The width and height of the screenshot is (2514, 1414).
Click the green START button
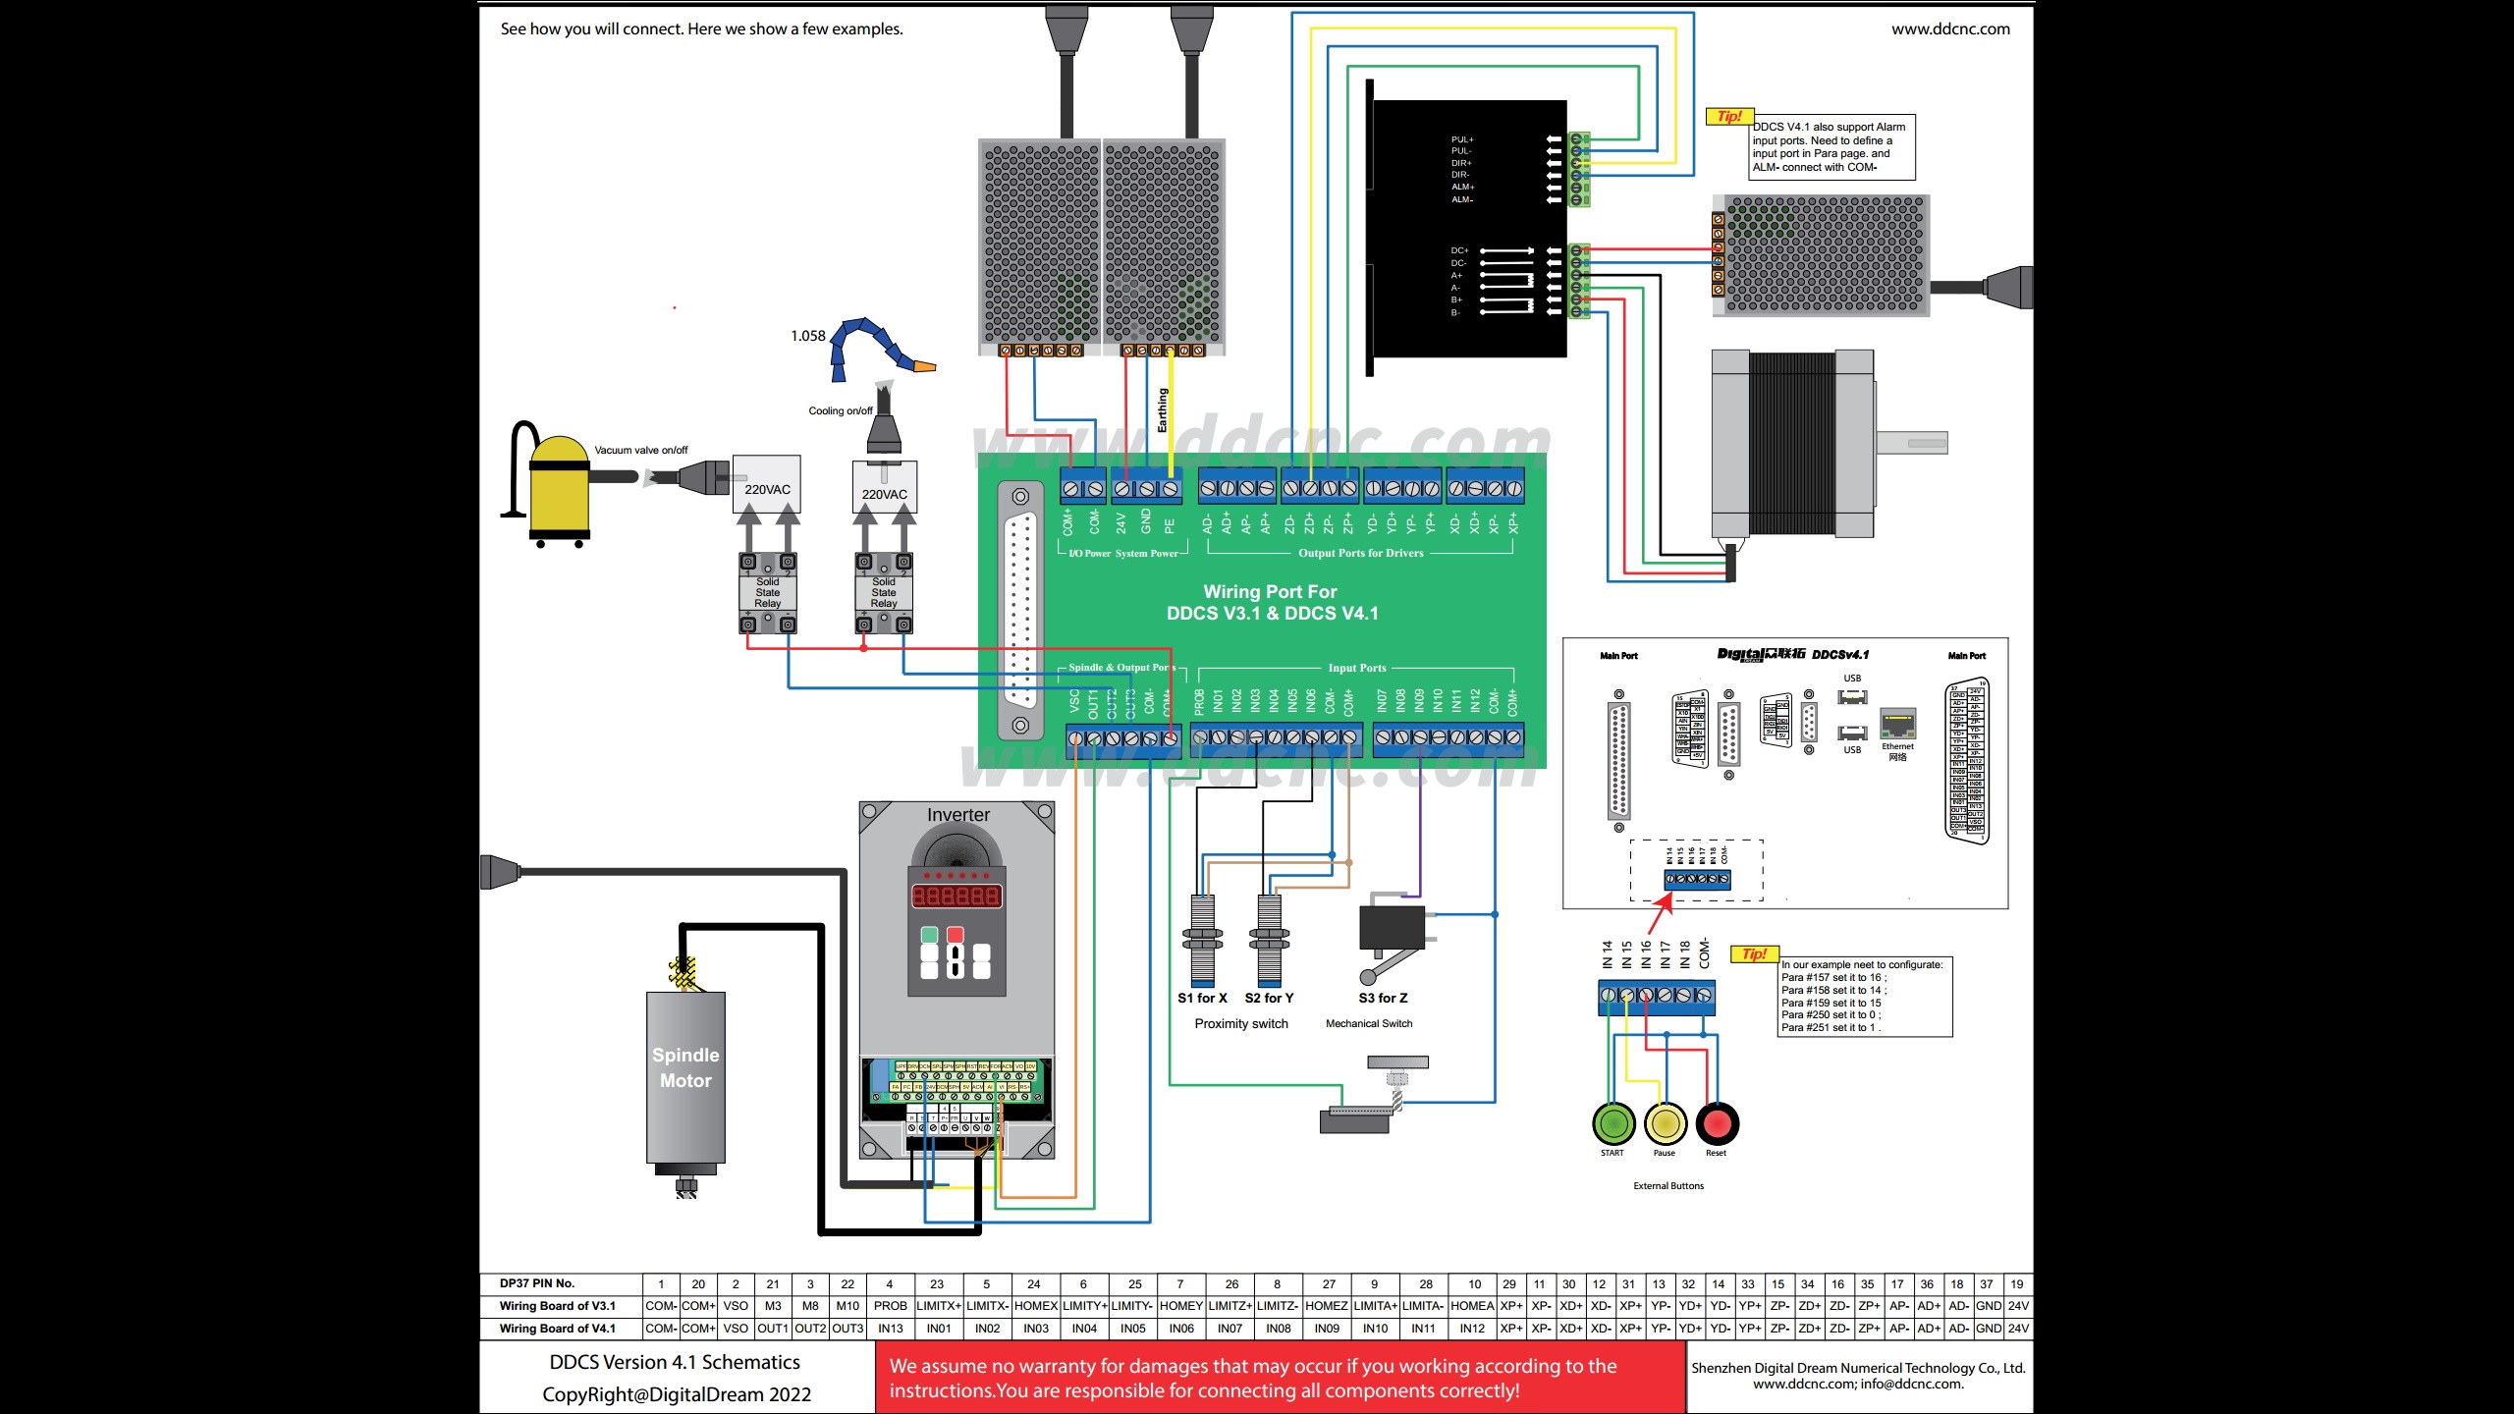coord(1612,1122)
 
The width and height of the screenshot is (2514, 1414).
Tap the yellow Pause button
coord(1665,1122)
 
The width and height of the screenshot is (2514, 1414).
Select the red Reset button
coord(1717,1122)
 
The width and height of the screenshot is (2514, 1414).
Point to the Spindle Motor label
coord(685,1067)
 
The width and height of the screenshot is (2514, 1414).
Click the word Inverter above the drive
coord(957,815)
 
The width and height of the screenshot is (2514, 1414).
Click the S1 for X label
coord(1202,998)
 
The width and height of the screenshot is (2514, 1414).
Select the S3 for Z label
coord(1383,998)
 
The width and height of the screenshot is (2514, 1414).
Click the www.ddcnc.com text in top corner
coord(1950,28)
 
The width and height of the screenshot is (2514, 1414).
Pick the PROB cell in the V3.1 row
coord(890,1306)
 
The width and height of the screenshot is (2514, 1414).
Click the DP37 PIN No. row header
coord(537,1283)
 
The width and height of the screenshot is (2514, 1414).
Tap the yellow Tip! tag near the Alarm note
coord(1729,117)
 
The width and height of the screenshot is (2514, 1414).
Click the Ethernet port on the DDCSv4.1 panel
coord(1897,724)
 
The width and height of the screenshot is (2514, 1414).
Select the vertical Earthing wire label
coord(1163,410)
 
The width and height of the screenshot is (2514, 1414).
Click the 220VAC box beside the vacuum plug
coord(767,488)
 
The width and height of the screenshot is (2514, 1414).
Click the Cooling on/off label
coord(840,410)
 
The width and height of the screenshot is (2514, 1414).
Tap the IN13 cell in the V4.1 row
coord(890,1329)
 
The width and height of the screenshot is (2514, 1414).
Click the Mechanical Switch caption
coord(1369,1023)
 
